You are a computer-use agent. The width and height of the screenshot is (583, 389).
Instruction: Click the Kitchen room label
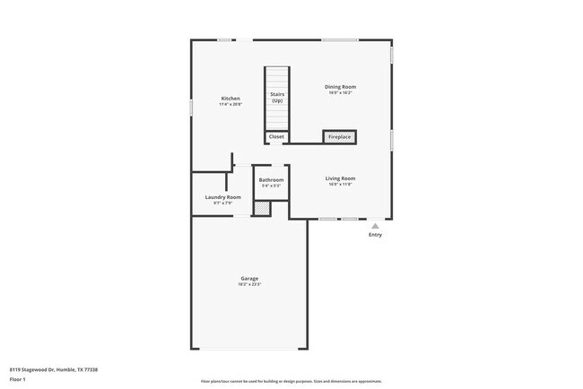pos(231,98)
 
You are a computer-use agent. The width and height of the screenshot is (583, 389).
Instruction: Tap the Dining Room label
pos(340,87)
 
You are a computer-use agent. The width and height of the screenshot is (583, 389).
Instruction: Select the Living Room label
pos(340,178)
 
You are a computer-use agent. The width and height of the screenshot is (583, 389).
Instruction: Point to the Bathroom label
pos(271,180)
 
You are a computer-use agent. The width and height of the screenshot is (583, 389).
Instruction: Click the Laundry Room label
pos(222,197)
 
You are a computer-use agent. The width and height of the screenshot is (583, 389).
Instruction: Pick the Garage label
pos(249,278)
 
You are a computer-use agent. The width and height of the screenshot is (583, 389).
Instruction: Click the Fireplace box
pos(339,137)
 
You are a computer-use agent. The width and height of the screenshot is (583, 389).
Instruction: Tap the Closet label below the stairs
pos(276,137)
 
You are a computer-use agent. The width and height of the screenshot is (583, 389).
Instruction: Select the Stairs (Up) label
pos(277,97)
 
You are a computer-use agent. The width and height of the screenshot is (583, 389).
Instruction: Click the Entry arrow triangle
pos(375,227)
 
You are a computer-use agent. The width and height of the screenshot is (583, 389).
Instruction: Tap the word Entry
pos(375,235)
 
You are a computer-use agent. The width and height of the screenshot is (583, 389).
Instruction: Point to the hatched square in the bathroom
pos(261,208)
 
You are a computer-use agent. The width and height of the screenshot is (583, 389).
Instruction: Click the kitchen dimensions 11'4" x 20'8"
pos(231,104)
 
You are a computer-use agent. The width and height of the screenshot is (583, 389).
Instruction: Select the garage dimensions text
pos(249,284)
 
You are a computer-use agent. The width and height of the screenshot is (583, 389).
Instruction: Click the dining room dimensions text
pos(340,92)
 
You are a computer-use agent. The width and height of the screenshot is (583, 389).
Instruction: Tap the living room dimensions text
pos(340,185)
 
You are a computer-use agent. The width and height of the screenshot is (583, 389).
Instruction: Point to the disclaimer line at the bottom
pos(291,381)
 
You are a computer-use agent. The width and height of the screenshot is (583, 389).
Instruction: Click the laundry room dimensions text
pos(222,203)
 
